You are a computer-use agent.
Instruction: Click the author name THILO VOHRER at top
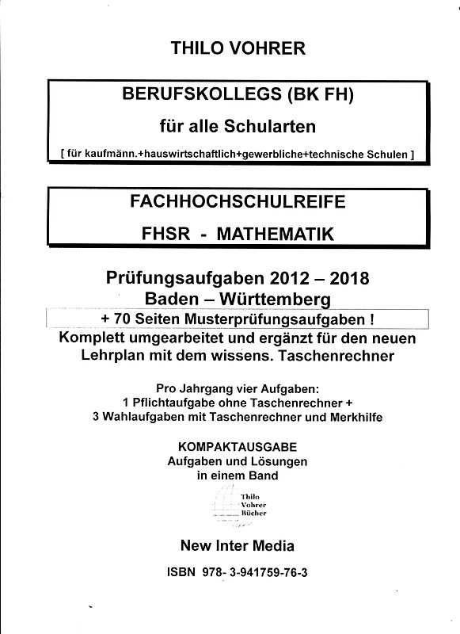(238, 48)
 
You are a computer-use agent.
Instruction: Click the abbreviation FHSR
(163, 234)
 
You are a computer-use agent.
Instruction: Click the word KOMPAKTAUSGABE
(237, 447)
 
